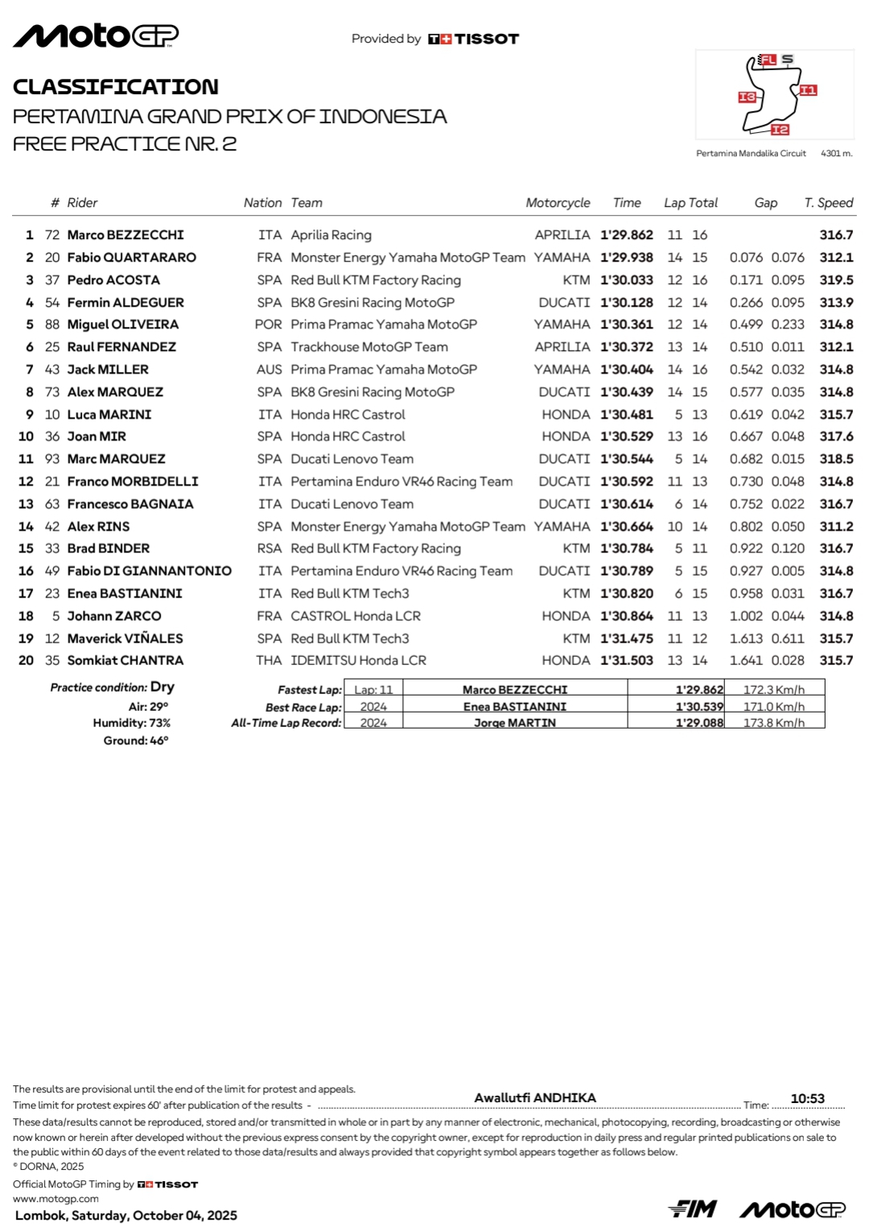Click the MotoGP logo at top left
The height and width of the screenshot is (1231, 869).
click(96, 35)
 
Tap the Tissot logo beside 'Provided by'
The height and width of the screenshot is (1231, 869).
click(474, 39)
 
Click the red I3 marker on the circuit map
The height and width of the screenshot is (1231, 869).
click(747, 97)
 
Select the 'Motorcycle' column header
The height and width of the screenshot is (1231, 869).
click(558, 203)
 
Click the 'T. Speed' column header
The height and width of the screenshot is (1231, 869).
click(828, 203)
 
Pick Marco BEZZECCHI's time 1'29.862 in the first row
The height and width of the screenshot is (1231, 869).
click(627, 235)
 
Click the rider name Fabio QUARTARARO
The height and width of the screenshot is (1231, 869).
click(131, 258)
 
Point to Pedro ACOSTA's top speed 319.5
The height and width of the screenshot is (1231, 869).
click(836, 280)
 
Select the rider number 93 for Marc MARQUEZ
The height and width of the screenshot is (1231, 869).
click(52, 459)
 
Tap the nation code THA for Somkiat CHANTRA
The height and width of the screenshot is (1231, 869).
click(269, 660)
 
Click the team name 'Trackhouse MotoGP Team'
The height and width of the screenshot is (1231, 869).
click(369, 347)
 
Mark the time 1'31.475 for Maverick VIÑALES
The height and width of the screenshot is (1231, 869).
click(627, 638)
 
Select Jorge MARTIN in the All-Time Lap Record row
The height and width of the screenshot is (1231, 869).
click(515, 723)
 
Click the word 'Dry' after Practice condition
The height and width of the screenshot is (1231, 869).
click(163, 687)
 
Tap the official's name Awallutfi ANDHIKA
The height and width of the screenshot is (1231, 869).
click(535, 1097)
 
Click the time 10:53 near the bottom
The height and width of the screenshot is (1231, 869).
click(807, 1099)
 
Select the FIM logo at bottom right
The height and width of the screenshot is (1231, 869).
click(693, 1208)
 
